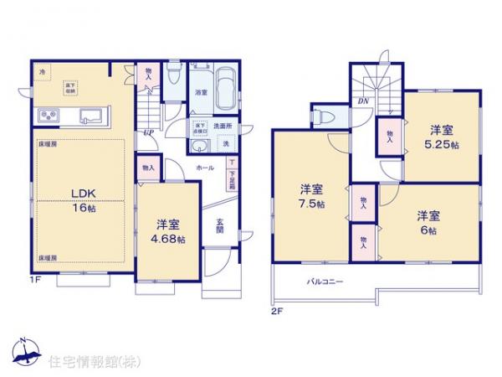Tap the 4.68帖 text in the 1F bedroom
[167, 231]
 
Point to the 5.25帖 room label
[443, 137]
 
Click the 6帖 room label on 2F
[428, 223]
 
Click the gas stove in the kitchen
[48, 116]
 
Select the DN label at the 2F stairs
[363, 102]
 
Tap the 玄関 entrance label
[219, 226]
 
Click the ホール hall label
[203, 168]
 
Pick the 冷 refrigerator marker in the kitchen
[42, 73]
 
